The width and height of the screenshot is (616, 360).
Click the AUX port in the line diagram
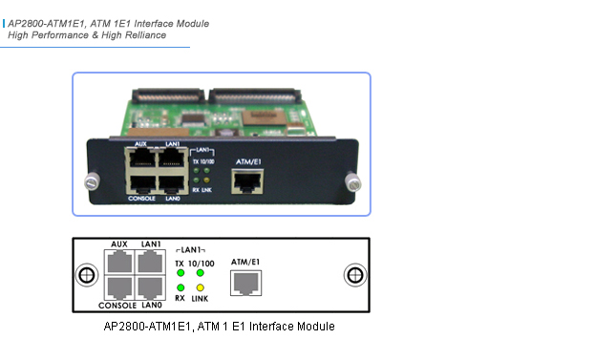(118, 263)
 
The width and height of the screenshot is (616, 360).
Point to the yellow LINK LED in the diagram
(201, 287)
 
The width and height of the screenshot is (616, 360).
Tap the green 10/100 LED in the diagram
(201, 272)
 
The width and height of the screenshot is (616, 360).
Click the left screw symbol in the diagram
(85, 275)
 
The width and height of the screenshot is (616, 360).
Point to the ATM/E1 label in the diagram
(246, 261)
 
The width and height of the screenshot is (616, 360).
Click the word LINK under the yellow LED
(200, 299)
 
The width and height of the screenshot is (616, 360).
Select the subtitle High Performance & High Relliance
(86, 35)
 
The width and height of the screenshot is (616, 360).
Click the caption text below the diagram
(219, 327)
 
